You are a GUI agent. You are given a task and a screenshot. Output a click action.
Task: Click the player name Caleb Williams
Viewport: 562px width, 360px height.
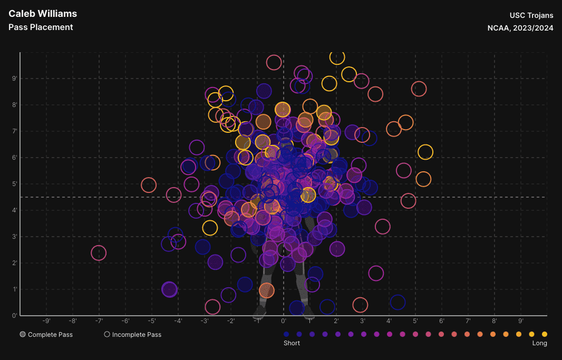(x=43, y=14)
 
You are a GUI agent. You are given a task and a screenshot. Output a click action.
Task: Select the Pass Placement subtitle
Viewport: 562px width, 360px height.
(x=41, y=27)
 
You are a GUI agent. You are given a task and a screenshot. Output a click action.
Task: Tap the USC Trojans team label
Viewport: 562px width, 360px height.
(x=531, y=15)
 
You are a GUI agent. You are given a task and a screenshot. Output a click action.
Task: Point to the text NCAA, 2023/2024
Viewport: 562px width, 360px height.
(x=520, y=28)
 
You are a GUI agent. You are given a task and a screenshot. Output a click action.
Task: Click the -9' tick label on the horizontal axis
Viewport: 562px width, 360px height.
(x=46, y=320)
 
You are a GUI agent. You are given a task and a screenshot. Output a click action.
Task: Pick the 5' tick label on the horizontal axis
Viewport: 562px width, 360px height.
(x=415, y=320)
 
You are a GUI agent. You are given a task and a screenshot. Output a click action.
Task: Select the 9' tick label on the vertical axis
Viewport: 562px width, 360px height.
(x=15, y=79)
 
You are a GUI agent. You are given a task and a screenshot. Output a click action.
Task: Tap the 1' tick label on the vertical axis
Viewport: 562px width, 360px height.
(x=15, y=289)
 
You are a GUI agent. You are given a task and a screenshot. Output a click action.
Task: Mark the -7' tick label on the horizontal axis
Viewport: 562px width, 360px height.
(x=99, y=320)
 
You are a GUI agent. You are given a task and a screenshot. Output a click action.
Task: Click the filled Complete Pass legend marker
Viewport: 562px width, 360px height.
(x=23, y=334)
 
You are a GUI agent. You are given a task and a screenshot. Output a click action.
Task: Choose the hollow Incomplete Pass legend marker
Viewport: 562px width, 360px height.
(x=107, y=334)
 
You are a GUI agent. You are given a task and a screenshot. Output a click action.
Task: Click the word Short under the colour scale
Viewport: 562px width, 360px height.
(x=292, y=343)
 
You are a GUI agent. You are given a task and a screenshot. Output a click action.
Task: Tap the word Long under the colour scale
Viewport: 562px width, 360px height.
(x=540, y=343)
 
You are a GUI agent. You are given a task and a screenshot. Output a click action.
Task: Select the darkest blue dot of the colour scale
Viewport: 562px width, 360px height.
(x=286, y=334)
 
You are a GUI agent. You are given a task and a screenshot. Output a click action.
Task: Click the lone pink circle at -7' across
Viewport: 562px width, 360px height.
(x=99, y=253)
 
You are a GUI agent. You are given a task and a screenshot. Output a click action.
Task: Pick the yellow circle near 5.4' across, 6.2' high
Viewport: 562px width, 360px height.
(x=425, y=152)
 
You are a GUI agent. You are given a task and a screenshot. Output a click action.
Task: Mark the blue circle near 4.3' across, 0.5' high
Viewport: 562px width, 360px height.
(x=398, y=303)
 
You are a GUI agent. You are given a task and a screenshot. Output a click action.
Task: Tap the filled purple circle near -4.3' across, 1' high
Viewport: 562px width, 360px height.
(x=169, y=289)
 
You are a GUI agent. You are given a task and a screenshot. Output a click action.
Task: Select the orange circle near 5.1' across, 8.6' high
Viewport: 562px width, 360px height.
(x=419, y=89)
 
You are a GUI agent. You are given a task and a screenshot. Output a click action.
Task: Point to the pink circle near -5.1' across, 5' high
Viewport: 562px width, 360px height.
(x=149, y=185)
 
